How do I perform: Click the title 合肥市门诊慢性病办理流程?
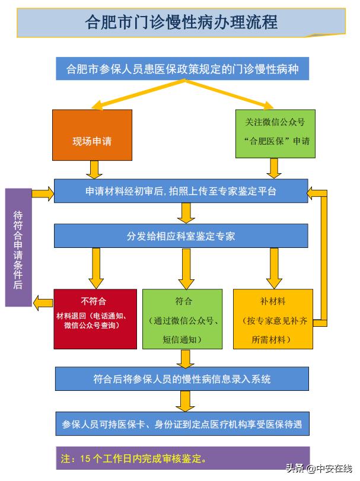pyautogui.click(x=181, y=22)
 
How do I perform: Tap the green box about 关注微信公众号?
pyautogui.click(x=275, y=133)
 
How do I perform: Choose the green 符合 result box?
pyautogui.click(x=182, y=319)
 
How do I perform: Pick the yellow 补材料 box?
pyautogui.click(x=272, y=319)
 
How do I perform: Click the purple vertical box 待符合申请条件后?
pyautogui.click(x=18, y=247)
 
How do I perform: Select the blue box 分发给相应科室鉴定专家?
pyautogui.click(x=181, y=235)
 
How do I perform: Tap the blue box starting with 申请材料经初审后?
pyautogui.click(x=181, y=191)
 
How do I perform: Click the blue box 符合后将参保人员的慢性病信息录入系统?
pyautogui.click(x=182, y=379)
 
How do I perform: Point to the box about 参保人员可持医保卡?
pyautogui.click(x=182, y=425)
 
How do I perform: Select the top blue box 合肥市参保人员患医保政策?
pyautogui.click(x=182, y=69)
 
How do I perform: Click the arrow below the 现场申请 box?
pyautogui.click(x=93, y=169)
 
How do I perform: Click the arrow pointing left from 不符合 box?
pyautogui.click(x=43, y=302)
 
